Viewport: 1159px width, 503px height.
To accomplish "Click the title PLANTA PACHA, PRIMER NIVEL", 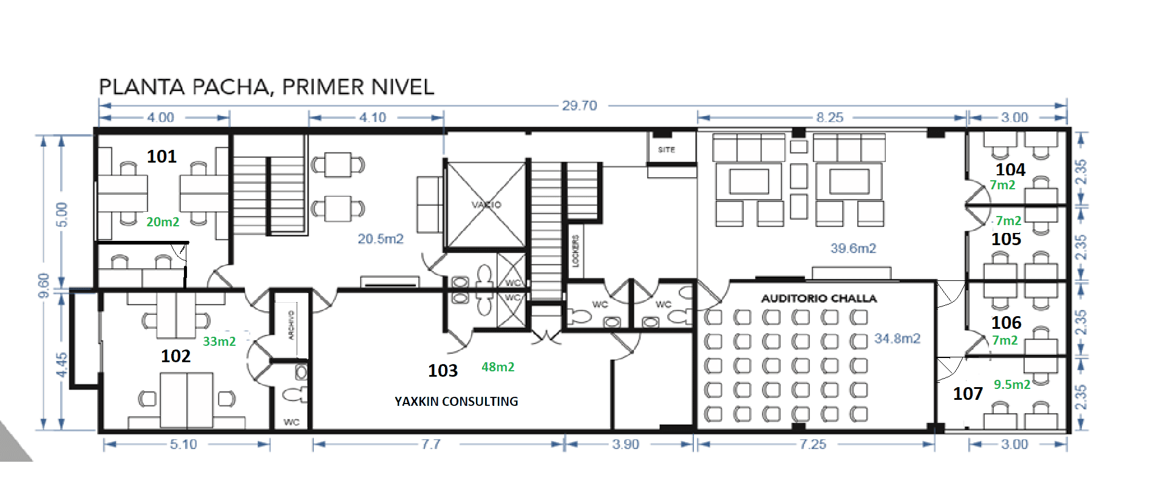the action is (267, 87).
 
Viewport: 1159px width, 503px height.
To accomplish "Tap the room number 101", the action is (161, 157).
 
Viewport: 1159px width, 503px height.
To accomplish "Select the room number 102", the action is (175, 356).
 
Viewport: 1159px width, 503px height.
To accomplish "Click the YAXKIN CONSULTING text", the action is (457, 401).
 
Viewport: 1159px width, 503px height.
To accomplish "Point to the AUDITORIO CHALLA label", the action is (819, 299).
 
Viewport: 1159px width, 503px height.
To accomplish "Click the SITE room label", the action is (666, 149).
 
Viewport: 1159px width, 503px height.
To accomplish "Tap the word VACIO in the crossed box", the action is (486, 204).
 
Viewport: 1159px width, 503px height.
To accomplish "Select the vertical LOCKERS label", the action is (576, 251).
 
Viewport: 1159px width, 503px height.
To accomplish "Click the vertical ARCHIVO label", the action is (291, 325).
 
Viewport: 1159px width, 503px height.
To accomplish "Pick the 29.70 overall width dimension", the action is (579, 106).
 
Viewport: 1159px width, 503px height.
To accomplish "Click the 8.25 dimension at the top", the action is (830, 117).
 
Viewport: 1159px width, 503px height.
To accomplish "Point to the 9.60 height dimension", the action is (43, 286).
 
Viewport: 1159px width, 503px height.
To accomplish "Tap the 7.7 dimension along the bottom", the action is (431, 444).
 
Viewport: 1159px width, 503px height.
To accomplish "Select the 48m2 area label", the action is (498, 367).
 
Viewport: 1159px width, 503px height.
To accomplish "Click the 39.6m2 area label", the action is (853, 248).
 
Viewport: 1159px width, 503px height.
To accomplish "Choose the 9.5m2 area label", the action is (1011, 384).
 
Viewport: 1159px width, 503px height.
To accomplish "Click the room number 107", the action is (968, 394).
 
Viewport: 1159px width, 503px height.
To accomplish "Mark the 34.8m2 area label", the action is (897, 339).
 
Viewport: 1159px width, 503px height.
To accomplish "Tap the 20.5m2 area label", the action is (381, 239).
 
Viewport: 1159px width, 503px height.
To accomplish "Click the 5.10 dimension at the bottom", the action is (183, 444).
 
